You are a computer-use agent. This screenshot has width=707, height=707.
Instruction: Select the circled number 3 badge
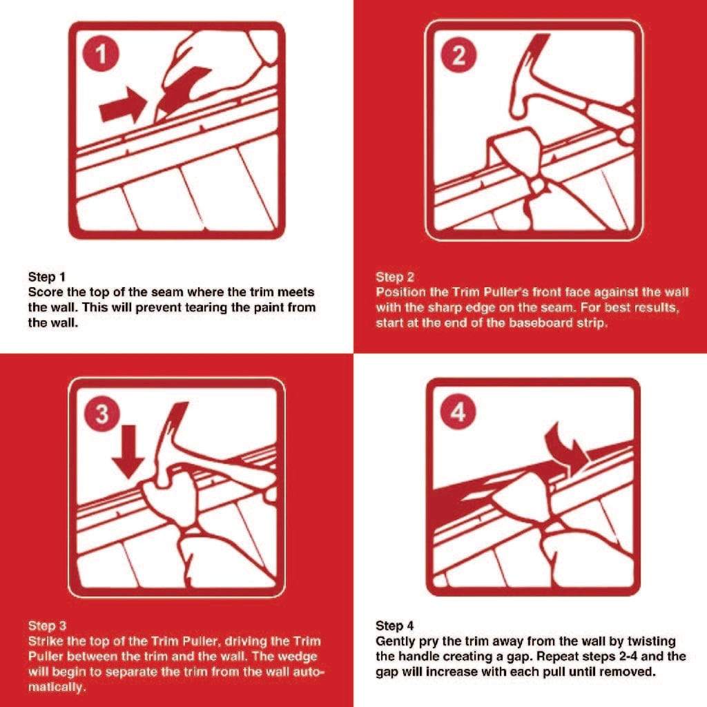(x=101, y=414)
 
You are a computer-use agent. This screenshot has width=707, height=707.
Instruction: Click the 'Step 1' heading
(x=47, y=277)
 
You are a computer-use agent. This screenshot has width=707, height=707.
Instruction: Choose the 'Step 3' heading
(x=47, y=626)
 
